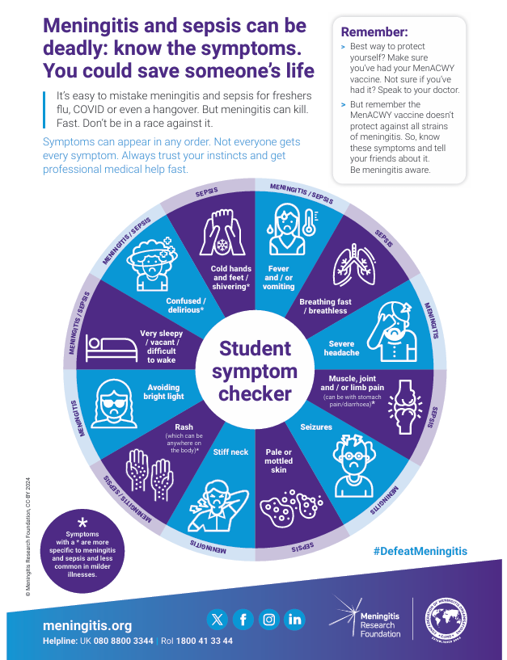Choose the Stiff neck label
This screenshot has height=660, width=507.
click(x=230, y=452)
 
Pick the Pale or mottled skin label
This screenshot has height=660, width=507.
click(x=278, y=460)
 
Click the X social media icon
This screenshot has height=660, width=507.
click(x=217, y=620)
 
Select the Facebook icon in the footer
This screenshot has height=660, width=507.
click(x=243, y=620)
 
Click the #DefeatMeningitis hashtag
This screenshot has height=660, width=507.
click(x=420, y=551)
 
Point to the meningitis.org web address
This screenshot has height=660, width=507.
click(x=87, y=625)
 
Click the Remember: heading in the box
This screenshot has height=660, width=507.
click(x=374, y=32)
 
